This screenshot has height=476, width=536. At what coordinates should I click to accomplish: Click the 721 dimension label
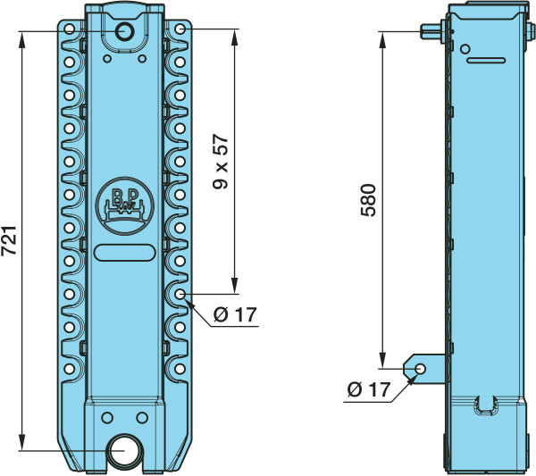10,240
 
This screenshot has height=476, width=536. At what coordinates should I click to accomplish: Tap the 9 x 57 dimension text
220,162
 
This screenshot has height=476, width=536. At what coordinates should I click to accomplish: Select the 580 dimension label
368,200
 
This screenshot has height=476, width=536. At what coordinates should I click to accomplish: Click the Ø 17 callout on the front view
235,314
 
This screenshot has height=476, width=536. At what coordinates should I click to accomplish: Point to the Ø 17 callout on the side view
368,389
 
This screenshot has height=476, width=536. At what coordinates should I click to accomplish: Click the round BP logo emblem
125,206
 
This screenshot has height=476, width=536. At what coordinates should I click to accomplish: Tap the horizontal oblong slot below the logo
125,253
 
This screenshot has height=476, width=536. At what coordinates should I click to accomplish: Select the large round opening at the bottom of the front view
124,451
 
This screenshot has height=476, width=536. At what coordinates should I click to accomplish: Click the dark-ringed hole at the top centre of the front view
124,32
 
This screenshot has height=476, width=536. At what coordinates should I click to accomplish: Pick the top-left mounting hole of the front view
70,29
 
